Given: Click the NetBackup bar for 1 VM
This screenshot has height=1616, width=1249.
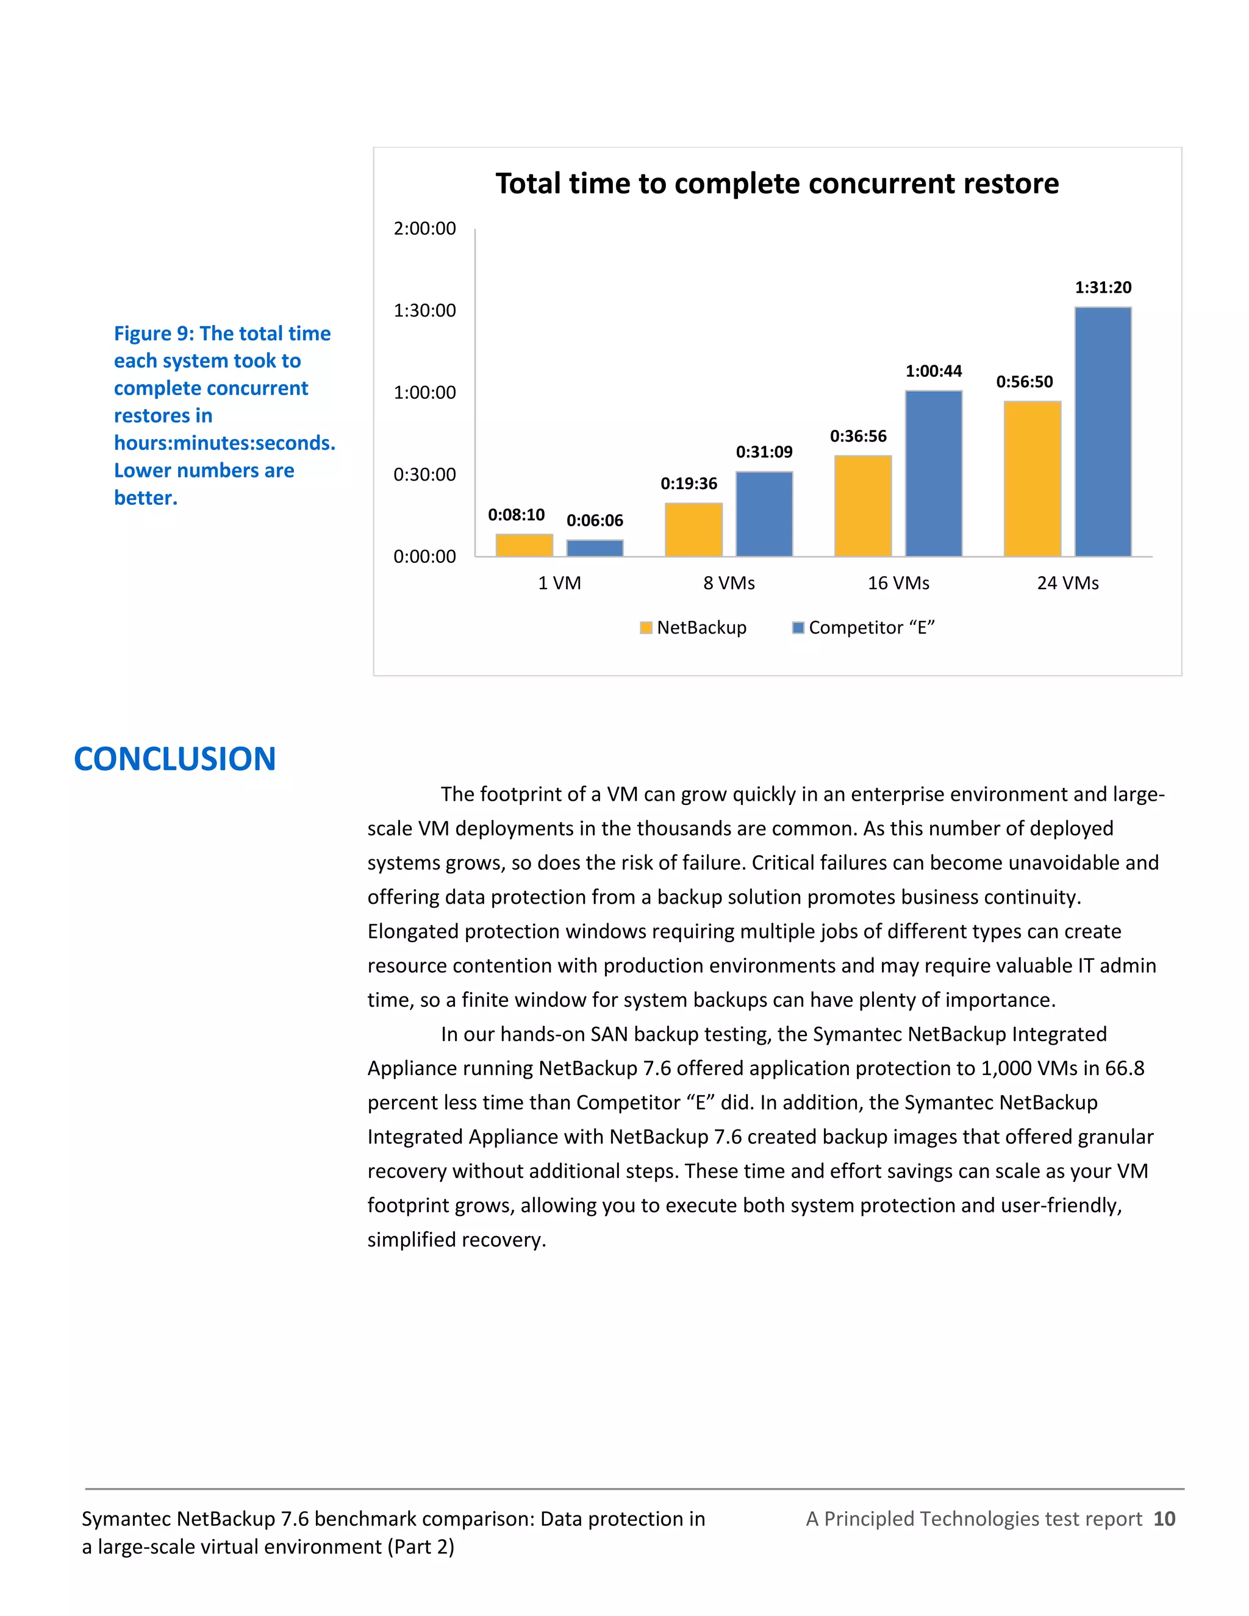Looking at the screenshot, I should tap(524, 545).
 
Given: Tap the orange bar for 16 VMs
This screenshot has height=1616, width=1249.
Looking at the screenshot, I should tap(863, 506).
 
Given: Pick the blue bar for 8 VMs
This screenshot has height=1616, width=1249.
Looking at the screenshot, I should tap(764, 513).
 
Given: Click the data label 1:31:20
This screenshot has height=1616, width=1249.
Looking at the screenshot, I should tap(1103, 287).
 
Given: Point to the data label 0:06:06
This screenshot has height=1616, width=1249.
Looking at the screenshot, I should tap(594, 520).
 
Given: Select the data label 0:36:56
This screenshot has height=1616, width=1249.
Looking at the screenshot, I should tap(857, 436).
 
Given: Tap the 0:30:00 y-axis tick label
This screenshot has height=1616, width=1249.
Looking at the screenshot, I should tap(424, 474).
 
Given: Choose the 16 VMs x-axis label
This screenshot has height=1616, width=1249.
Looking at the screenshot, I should tap(898, 583).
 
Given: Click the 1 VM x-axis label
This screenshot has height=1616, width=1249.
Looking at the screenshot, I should tap(559, 583).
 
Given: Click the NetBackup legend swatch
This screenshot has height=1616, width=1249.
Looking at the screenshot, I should tap(646, 627).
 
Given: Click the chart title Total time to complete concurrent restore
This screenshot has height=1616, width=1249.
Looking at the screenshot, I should tap(777, 184).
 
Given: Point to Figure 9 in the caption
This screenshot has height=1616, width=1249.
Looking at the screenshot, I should tap(154, 334).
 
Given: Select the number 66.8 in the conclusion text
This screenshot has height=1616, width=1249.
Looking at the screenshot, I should tap(1125, 1068).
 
